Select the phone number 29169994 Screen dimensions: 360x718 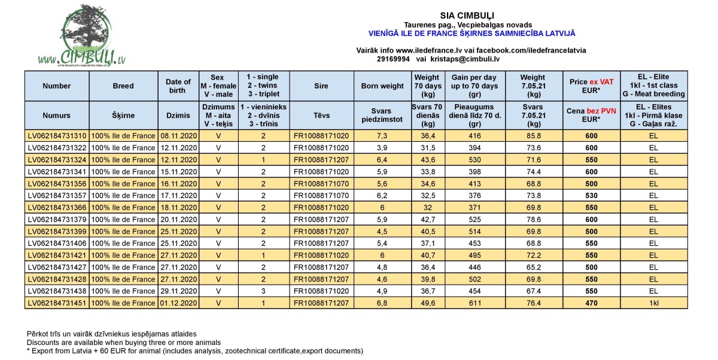(x=394, y=59)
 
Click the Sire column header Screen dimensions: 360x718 (x=321, y=86)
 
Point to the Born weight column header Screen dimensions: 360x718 (x=382, y=86)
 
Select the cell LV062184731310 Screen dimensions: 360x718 (x=57, y=136)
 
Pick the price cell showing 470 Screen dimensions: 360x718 (x=591, y=303)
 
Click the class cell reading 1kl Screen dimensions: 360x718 (x=653, y=303)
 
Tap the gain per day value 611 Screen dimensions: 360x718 (x=476, y=303)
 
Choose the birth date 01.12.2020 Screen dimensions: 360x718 (x=179, y=303)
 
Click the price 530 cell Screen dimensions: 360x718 (x=591, y=196)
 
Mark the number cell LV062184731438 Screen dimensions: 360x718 (x=57, y=291)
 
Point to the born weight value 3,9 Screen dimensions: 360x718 (x=382, y=148)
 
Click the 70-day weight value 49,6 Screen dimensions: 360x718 (x=427, y=303)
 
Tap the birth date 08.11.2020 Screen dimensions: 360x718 (x=179, y=136)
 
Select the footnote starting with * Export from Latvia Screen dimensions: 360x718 (x=195, y=351)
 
